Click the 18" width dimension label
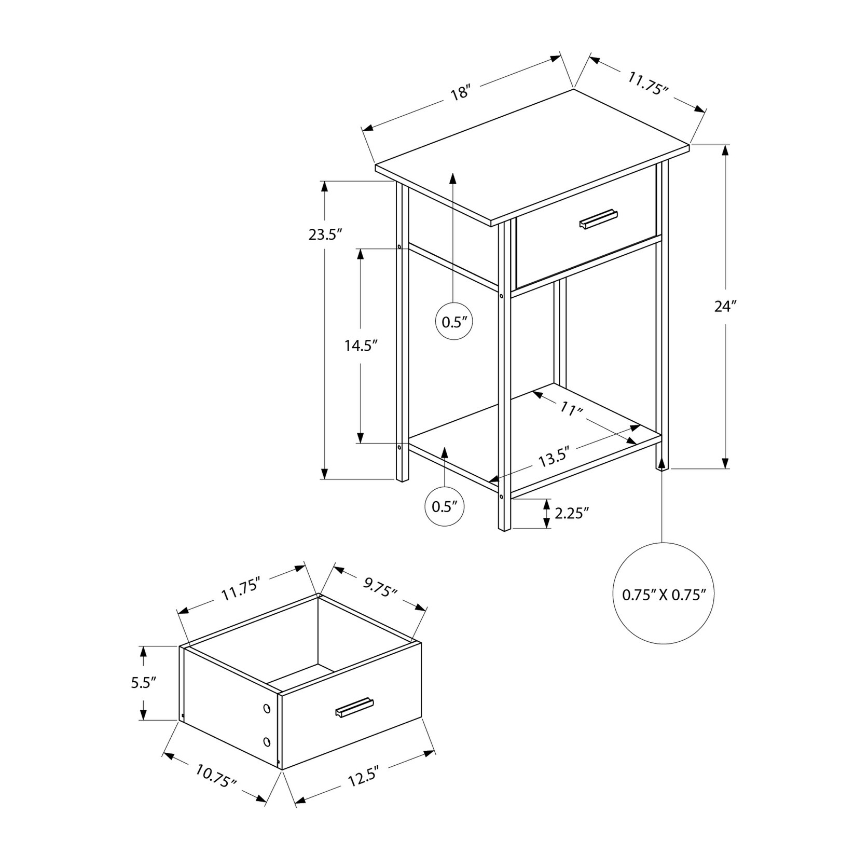460,94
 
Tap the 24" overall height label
725,307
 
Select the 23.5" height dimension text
326,235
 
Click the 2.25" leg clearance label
572,513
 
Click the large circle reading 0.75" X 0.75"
664,594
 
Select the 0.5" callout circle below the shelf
445,506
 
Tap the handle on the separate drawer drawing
354,707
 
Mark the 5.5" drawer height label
144,683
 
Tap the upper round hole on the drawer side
267,709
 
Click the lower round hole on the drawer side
267,741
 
